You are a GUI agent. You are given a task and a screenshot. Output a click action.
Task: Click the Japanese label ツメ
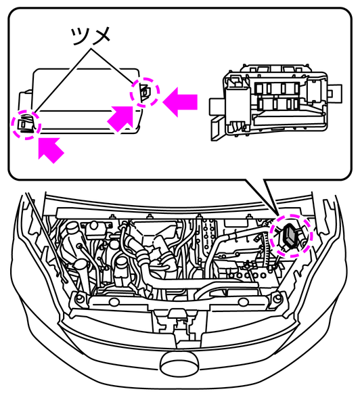[91, 36]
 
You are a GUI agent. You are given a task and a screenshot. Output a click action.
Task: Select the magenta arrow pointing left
[180, 102]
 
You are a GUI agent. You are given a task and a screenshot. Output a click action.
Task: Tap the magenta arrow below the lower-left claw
[51, 150]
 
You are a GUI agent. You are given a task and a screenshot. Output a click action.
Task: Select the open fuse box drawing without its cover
[275, 102]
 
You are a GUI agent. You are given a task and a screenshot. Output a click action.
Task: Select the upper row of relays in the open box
[277, 88]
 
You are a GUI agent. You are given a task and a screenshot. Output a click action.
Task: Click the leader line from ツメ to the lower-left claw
[62, 81]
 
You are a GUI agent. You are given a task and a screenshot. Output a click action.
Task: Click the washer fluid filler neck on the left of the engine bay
[72, 227]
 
